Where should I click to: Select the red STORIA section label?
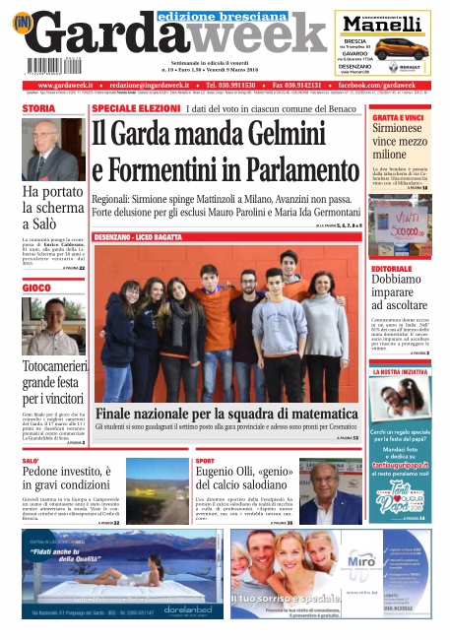[39, 108]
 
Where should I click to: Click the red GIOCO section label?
[38, 288]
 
